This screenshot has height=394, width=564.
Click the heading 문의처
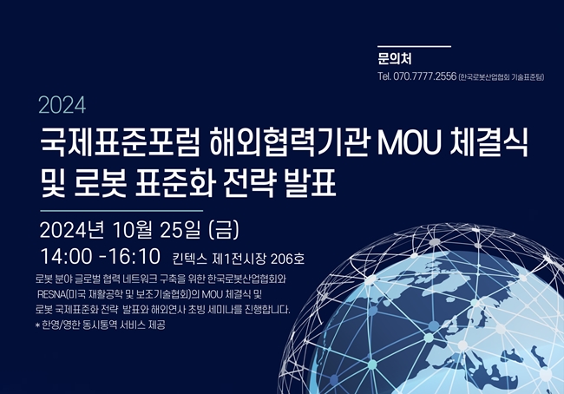click(x=395, y=59)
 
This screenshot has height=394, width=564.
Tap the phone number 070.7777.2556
click(x=425, y=76)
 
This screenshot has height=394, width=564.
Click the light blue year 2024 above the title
click(x=62, y=105)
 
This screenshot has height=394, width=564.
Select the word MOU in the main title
click(x=410, y=143)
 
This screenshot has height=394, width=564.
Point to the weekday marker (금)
click(x=224, y=230)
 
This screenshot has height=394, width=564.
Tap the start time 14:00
click(x=66, y=257)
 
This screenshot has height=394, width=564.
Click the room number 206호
click(x=288, y=259)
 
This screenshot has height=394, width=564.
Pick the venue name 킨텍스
click(x=189, y=259)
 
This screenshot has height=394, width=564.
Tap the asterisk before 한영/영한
click(x=37, y=325)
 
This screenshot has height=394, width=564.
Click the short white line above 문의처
click(x=414, y=46)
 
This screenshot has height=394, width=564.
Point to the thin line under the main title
click(x=121, y=211)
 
